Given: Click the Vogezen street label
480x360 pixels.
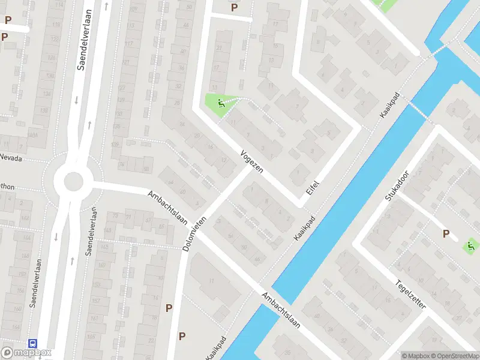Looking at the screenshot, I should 252,161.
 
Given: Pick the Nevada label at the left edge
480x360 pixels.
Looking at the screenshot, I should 11,158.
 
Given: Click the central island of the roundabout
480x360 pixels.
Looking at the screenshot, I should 73,180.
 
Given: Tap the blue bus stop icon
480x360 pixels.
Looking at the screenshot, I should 32,344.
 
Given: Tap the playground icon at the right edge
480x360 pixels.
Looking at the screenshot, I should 472,245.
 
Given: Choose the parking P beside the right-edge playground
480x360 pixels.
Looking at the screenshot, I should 446,234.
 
